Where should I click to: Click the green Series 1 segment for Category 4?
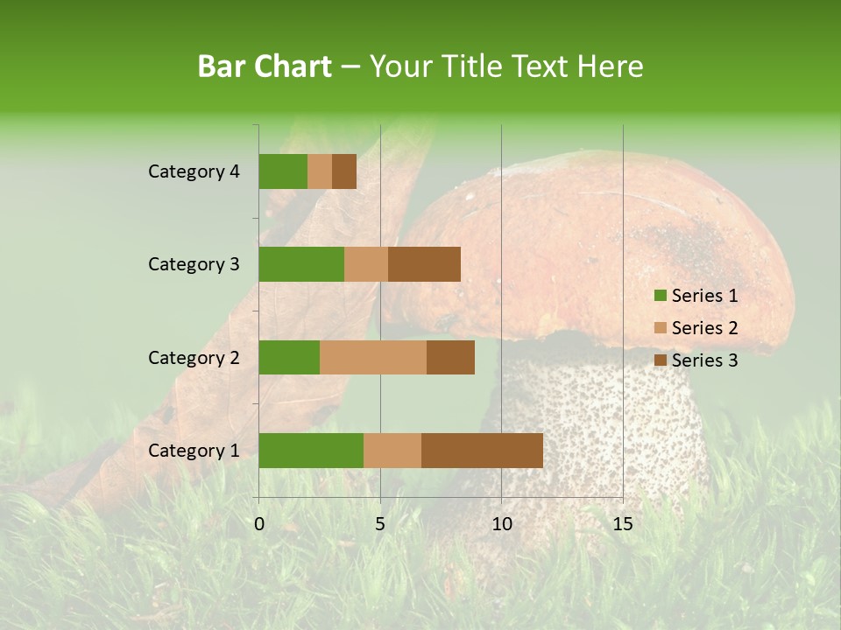(x=283, y=171)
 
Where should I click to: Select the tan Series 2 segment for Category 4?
(x=320, y=171)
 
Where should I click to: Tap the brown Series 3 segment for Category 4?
(x=344, y=171)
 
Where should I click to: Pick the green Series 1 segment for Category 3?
(x=301, y=264)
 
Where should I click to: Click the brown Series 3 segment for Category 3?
(x=424, y=264)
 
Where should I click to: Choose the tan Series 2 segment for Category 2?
(x=373, y=357)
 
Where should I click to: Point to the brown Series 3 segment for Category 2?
(x=450, y=357)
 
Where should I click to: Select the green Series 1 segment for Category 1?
(x=311, y=451)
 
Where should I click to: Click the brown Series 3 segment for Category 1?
(x=482, y=451)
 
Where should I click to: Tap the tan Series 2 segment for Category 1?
(x=392, y=451)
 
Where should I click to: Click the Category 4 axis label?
(x=194, y=171)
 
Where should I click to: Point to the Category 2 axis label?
(x=194, y=357)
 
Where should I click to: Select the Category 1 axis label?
(x=194, y=451)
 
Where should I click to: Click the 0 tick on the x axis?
(x=259, y=524)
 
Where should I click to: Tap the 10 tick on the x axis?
(x=501, y=524)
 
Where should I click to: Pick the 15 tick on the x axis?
(x=623, y=524)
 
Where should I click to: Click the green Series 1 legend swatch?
(x=661, y=296)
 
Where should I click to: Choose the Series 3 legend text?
(x=704, y=360)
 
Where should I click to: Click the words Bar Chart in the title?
(x=265, y=66)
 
